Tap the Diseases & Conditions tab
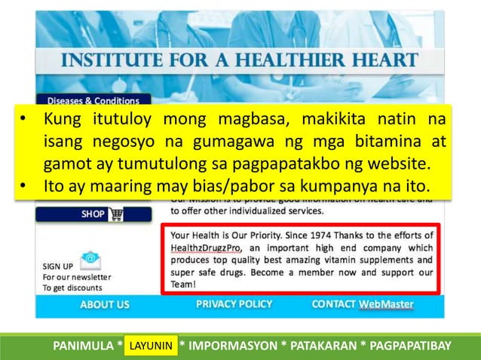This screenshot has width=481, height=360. point(93,100)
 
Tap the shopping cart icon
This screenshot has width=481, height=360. point(116,214)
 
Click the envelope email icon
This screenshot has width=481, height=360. point(90,260)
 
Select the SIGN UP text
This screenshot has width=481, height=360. point(58,266)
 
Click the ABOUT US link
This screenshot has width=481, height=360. point(105,304)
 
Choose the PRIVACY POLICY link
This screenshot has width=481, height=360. point(234,304)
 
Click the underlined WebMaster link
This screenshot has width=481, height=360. point(386,304)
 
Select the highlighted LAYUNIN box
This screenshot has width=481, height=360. point(152,346)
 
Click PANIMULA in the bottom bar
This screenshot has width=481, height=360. point(83,346)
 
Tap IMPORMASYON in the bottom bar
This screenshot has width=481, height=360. point(231,346)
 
